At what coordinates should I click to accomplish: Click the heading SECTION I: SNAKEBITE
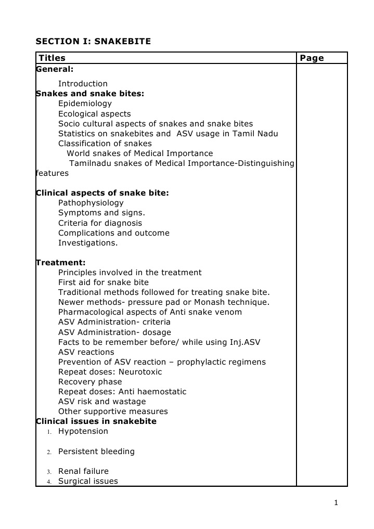(x=93, y=41)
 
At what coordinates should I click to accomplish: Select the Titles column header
(x=52, y=58)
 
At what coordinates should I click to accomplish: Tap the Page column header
(x=312, y=58)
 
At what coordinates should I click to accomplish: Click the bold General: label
(x=55, y=69)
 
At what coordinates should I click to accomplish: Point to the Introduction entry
(x=83, y=84)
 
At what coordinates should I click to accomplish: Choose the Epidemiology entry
(x=85, y=104)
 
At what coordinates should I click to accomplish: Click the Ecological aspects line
(x=94, y=114)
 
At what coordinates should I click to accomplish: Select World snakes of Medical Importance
(x=139, y=153)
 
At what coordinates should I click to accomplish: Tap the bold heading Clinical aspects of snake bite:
(x=102, y=193)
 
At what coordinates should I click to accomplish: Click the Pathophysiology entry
(x=91, y=203)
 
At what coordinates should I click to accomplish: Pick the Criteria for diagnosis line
(x=100, y=223)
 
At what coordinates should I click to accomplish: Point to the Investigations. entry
(x=88, y=243)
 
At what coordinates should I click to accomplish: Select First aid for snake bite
(x=104, y=282)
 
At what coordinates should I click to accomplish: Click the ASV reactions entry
(x=86, y=352)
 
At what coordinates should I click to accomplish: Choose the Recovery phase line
(x=90, y=382)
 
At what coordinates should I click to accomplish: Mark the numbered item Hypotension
(x=83, y=431)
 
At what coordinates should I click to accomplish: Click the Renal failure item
(x=83, y=471)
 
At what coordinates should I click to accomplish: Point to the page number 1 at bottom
(x=337, y=502)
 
